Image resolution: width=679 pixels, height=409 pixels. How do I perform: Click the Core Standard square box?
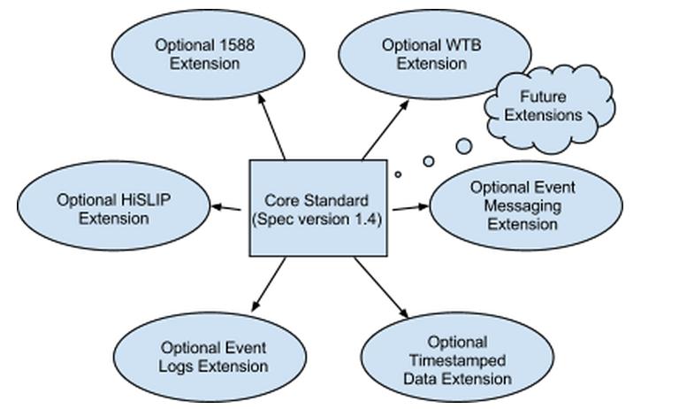[x=318, y=208]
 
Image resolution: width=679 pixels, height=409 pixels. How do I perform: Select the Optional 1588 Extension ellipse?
[x=205, y=54]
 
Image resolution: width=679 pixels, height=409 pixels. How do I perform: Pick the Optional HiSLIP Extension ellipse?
[x=113, y=208]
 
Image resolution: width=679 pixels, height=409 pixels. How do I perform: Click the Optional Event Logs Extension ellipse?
[x=213, y=357]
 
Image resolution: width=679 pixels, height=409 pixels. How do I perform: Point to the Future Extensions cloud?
[x=550, y=105]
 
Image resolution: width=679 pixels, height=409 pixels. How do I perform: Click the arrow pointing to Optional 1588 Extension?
[x=271, y=125]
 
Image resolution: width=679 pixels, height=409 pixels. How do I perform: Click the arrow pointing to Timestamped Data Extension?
[x=382, y=289]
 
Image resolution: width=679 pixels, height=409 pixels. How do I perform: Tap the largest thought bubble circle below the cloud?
[x=463, y=145]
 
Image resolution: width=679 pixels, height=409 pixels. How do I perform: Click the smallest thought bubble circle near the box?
[x=398, y=174]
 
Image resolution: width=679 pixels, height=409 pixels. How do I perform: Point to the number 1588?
[x=236, y=45]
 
